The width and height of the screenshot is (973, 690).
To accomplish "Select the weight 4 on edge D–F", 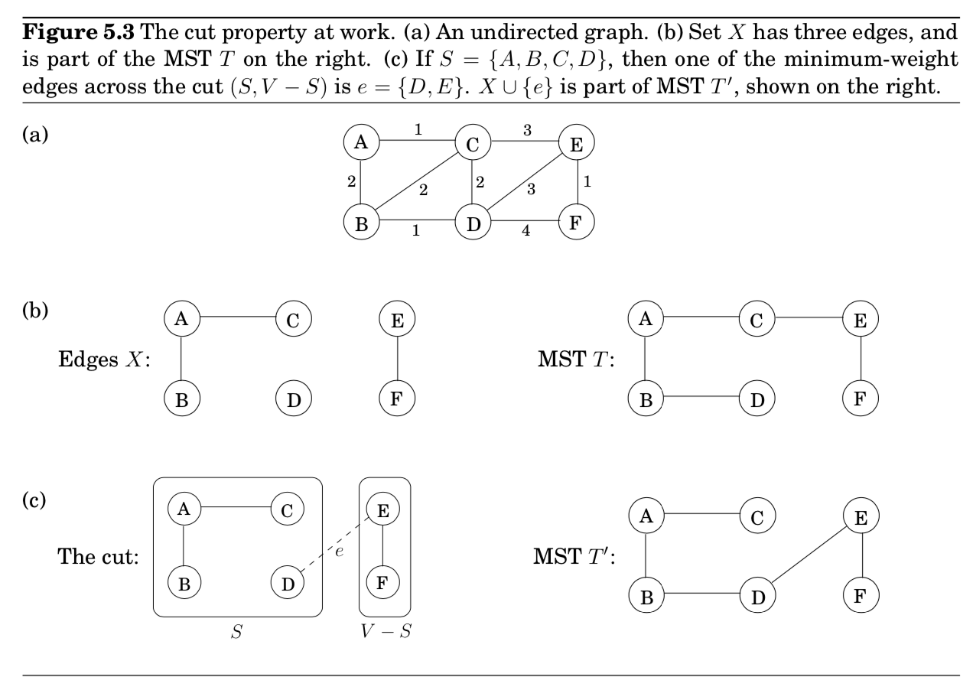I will [526, 232].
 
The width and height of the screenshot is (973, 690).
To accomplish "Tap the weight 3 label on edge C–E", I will [527, 130].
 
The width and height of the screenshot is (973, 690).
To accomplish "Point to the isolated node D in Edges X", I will [294, 399].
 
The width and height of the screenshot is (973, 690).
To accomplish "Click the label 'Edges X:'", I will [104, 360].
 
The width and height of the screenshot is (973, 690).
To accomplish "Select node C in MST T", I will [757, 320].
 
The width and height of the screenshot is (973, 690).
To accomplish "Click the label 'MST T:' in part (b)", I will [573, 360].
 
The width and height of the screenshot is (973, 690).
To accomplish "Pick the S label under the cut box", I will [237, 634].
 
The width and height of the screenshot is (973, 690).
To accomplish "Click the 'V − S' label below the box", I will [386, 634].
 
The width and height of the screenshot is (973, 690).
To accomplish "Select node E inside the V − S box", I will [384, 509].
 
